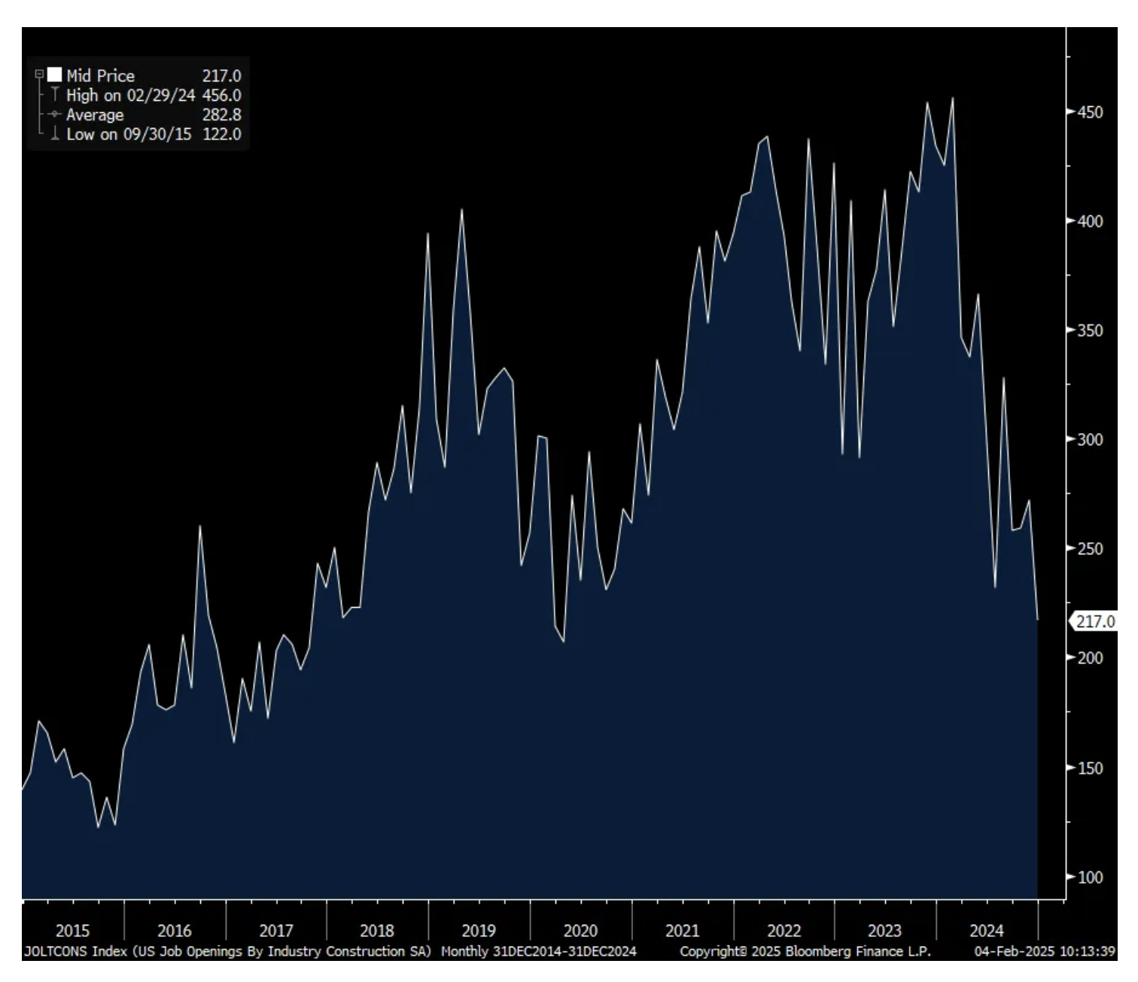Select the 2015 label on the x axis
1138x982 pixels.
[72, 931]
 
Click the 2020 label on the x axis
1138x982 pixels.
[580, 931]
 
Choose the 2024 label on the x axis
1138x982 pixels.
[986, 931]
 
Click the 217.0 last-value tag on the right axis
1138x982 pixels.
[1095, 622]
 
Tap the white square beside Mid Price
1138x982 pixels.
[55, 75]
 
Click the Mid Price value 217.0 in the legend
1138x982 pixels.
[221, 76]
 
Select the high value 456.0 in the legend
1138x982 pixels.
[221, 96]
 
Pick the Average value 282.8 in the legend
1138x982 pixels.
[221, 115]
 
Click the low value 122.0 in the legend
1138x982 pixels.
[221, 135]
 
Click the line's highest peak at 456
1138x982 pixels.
[953, 98]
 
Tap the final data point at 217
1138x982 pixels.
[1038, 620]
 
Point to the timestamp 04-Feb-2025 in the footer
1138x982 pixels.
[1013, 952]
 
